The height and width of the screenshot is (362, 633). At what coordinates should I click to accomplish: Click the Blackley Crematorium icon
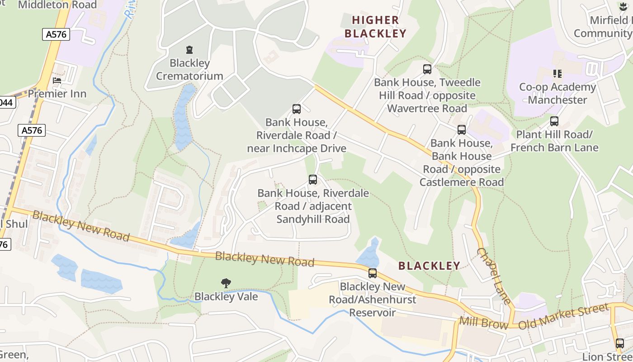[x=189, y=50]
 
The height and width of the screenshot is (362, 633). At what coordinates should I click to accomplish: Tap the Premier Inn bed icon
[x=57, y=81]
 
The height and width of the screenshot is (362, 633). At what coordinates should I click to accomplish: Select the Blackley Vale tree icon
[x=226, y=283]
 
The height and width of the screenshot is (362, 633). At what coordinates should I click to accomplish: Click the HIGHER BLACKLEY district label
[x=376, y=27]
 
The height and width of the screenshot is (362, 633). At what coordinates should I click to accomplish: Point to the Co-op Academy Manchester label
[x=557, y=93]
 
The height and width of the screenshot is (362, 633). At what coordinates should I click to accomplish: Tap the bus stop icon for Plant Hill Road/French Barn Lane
[x=554, y=121]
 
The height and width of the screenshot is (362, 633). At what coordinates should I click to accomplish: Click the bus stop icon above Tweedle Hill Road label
[x=427, y=69]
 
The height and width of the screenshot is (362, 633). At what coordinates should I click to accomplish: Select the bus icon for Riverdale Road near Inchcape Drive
[x=297, y=109]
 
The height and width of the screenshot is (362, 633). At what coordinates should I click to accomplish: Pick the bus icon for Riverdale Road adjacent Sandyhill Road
[x=313, y=180]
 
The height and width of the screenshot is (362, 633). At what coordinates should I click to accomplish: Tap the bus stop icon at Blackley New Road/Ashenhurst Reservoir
[x=372, y=273]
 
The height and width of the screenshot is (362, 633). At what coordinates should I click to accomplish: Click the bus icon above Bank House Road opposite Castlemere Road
[x=461, y=130]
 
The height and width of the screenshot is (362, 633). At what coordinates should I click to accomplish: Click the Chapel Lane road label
[x=494, y=276]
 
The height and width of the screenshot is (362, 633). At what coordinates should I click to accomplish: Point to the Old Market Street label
[x=563, y=317]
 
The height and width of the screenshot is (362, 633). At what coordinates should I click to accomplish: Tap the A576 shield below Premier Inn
[x=32, y=130]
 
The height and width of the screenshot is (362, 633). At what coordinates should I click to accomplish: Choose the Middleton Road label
[x=57, y=5]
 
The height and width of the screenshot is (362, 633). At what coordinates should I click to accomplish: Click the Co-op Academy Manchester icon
[x=557, y=73]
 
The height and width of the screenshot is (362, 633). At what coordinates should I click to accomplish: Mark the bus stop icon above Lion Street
[x=619, y=343]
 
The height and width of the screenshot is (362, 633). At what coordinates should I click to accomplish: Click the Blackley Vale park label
[x=226, y=297]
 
